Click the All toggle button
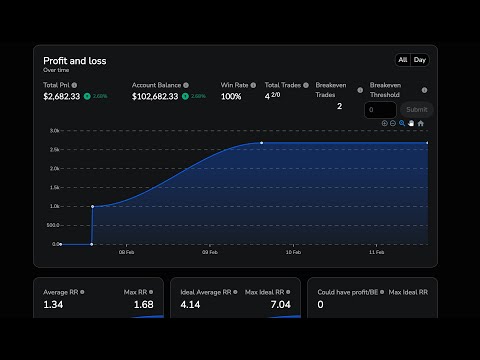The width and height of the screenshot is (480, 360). tap(403, 60)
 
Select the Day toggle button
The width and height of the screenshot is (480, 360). tap(420, 60)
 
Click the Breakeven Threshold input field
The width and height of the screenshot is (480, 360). tap(381, 110)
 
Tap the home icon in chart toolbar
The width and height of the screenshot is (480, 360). tap(421, 123)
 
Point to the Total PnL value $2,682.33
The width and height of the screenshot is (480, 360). tap(62, 96)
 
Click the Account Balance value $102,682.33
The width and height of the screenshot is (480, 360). tap(156, 96)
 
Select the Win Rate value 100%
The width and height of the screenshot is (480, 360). tap(231, 96)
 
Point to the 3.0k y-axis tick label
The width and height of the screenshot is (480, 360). tap(55, 131)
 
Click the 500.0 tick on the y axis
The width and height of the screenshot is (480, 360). tap(55, 225)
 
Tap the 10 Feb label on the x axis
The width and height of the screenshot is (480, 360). tap(294, 254)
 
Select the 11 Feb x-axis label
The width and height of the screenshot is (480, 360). tap(376, 254)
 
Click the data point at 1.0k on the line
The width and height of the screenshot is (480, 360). tap(92, 207)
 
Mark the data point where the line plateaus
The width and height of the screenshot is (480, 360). tap(262, 143)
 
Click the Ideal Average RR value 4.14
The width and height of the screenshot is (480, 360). tap(191, 304)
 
